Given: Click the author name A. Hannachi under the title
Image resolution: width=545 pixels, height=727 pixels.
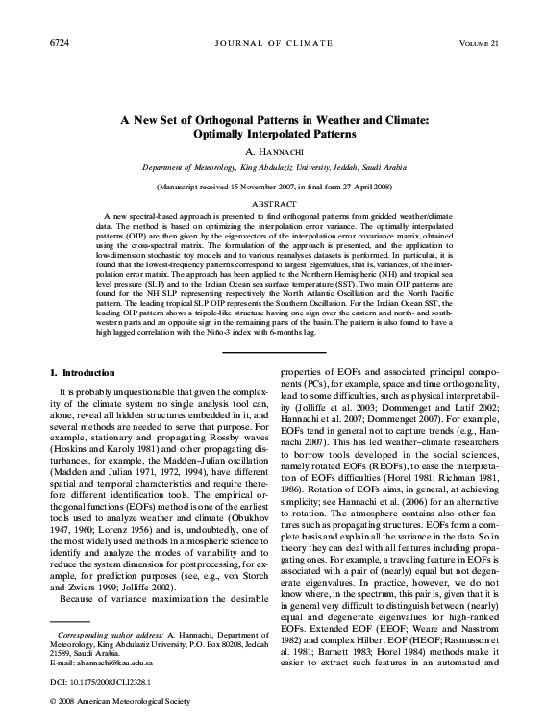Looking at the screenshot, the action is (x=273, y=152).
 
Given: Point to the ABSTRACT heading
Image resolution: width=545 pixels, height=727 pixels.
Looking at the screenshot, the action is (x=273, y=204).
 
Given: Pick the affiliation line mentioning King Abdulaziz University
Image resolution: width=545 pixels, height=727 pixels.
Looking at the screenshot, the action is (x=273, y=167).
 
